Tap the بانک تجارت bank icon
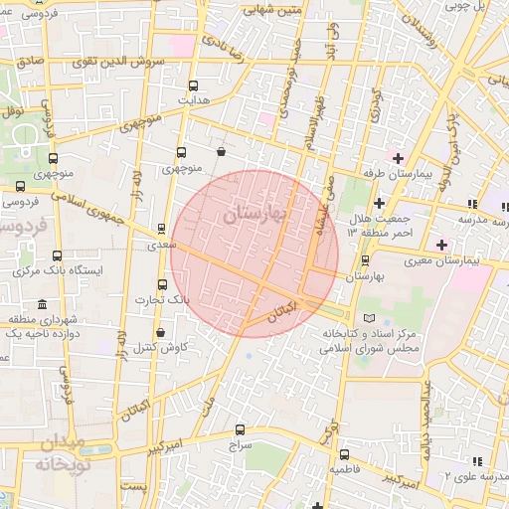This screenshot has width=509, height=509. (163, 285)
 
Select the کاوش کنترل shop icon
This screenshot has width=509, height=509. (160, 332)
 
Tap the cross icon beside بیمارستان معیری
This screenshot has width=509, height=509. (441, 245)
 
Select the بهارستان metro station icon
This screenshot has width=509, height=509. (366, 260)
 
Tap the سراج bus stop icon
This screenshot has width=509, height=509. (240, 430)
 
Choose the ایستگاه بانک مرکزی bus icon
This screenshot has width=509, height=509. (56, 255)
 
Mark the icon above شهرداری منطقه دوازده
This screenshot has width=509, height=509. (41, 304)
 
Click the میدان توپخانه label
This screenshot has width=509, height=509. (62, 455)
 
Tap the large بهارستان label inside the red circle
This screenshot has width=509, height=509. (254, 213)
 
